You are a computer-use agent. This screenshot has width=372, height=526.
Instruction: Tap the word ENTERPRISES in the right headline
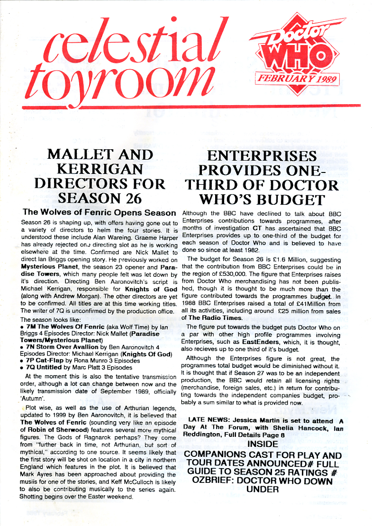tap(262, 156)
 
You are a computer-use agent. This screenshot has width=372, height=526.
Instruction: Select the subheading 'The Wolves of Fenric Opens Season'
tap(99, 213)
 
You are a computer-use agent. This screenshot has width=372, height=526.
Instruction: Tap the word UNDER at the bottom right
tap(262, 489)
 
